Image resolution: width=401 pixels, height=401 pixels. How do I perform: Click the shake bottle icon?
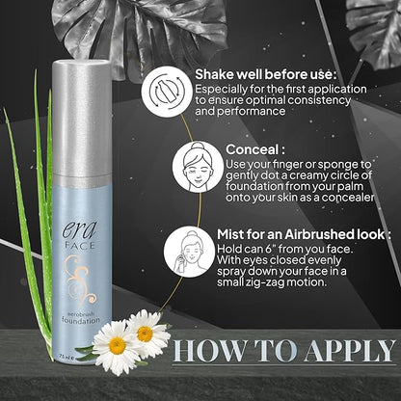tap(168, 92)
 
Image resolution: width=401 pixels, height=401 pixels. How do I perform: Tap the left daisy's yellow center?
tap(117, 344)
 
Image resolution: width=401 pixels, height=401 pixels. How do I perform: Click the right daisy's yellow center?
tap(146, 334)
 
